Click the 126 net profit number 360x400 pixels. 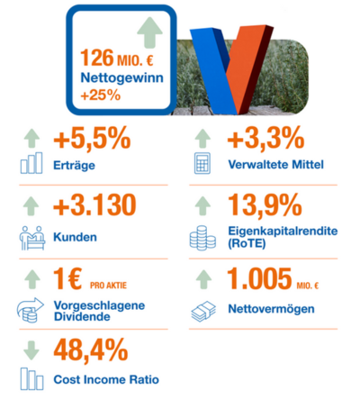97,58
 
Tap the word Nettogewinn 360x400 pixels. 122,77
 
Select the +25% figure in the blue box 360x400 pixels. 101,95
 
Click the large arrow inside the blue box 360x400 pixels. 149,32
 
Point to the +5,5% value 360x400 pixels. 92,138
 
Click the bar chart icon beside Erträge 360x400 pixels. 31,163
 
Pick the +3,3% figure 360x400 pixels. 265,138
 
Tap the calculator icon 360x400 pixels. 202,163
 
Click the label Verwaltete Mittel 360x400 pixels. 276,165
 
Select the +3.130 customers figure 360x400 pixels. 94,205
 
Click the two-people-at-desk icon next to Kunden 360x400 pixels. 32,238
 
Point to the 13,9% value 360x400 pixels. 265,205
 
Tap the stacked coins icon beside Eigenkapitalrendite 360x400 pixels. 202,238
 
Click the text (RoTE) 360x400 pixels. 247,243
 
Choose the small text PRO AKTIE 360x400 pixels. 108,285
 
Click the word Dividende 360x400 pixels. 82,316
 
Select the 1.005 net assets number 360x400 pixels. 259,278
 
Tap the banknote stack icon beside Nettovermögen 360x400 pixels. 203,312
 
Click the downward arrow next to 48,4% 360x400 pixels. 31,350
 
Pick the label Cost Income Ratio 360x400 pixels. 106,379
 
